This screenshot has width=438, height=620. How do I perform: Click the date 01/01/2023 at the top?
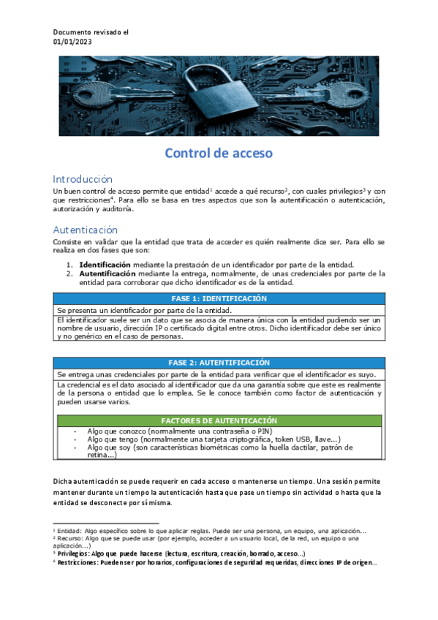[x=73, y=42]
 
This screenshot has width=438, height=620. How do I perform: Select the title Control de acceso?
[x=218, y=154]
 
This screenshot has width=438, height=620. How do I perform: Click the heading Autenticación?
[x=85, y=229]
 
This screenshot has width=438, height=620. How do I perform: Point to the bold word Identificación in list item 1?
[x=105, y=265]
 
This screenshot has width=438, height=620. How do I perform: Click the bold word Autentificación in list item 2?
[x=107, y=273]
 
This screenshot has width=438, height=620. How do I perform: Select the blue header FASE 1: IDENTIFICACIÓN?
[x=218, y=298]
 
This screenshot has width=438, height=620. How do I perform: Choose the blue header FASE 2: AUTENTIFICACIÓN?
[x=218, y=363]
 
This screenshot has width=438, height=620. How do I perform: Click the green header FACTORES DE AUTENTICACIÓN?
[x=219, y=420]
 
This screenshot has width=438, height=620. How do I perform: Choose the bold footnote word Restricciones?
[x=78, y=562]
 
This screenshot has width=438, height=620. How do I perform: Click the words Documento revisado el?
[x=91, y=32]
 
